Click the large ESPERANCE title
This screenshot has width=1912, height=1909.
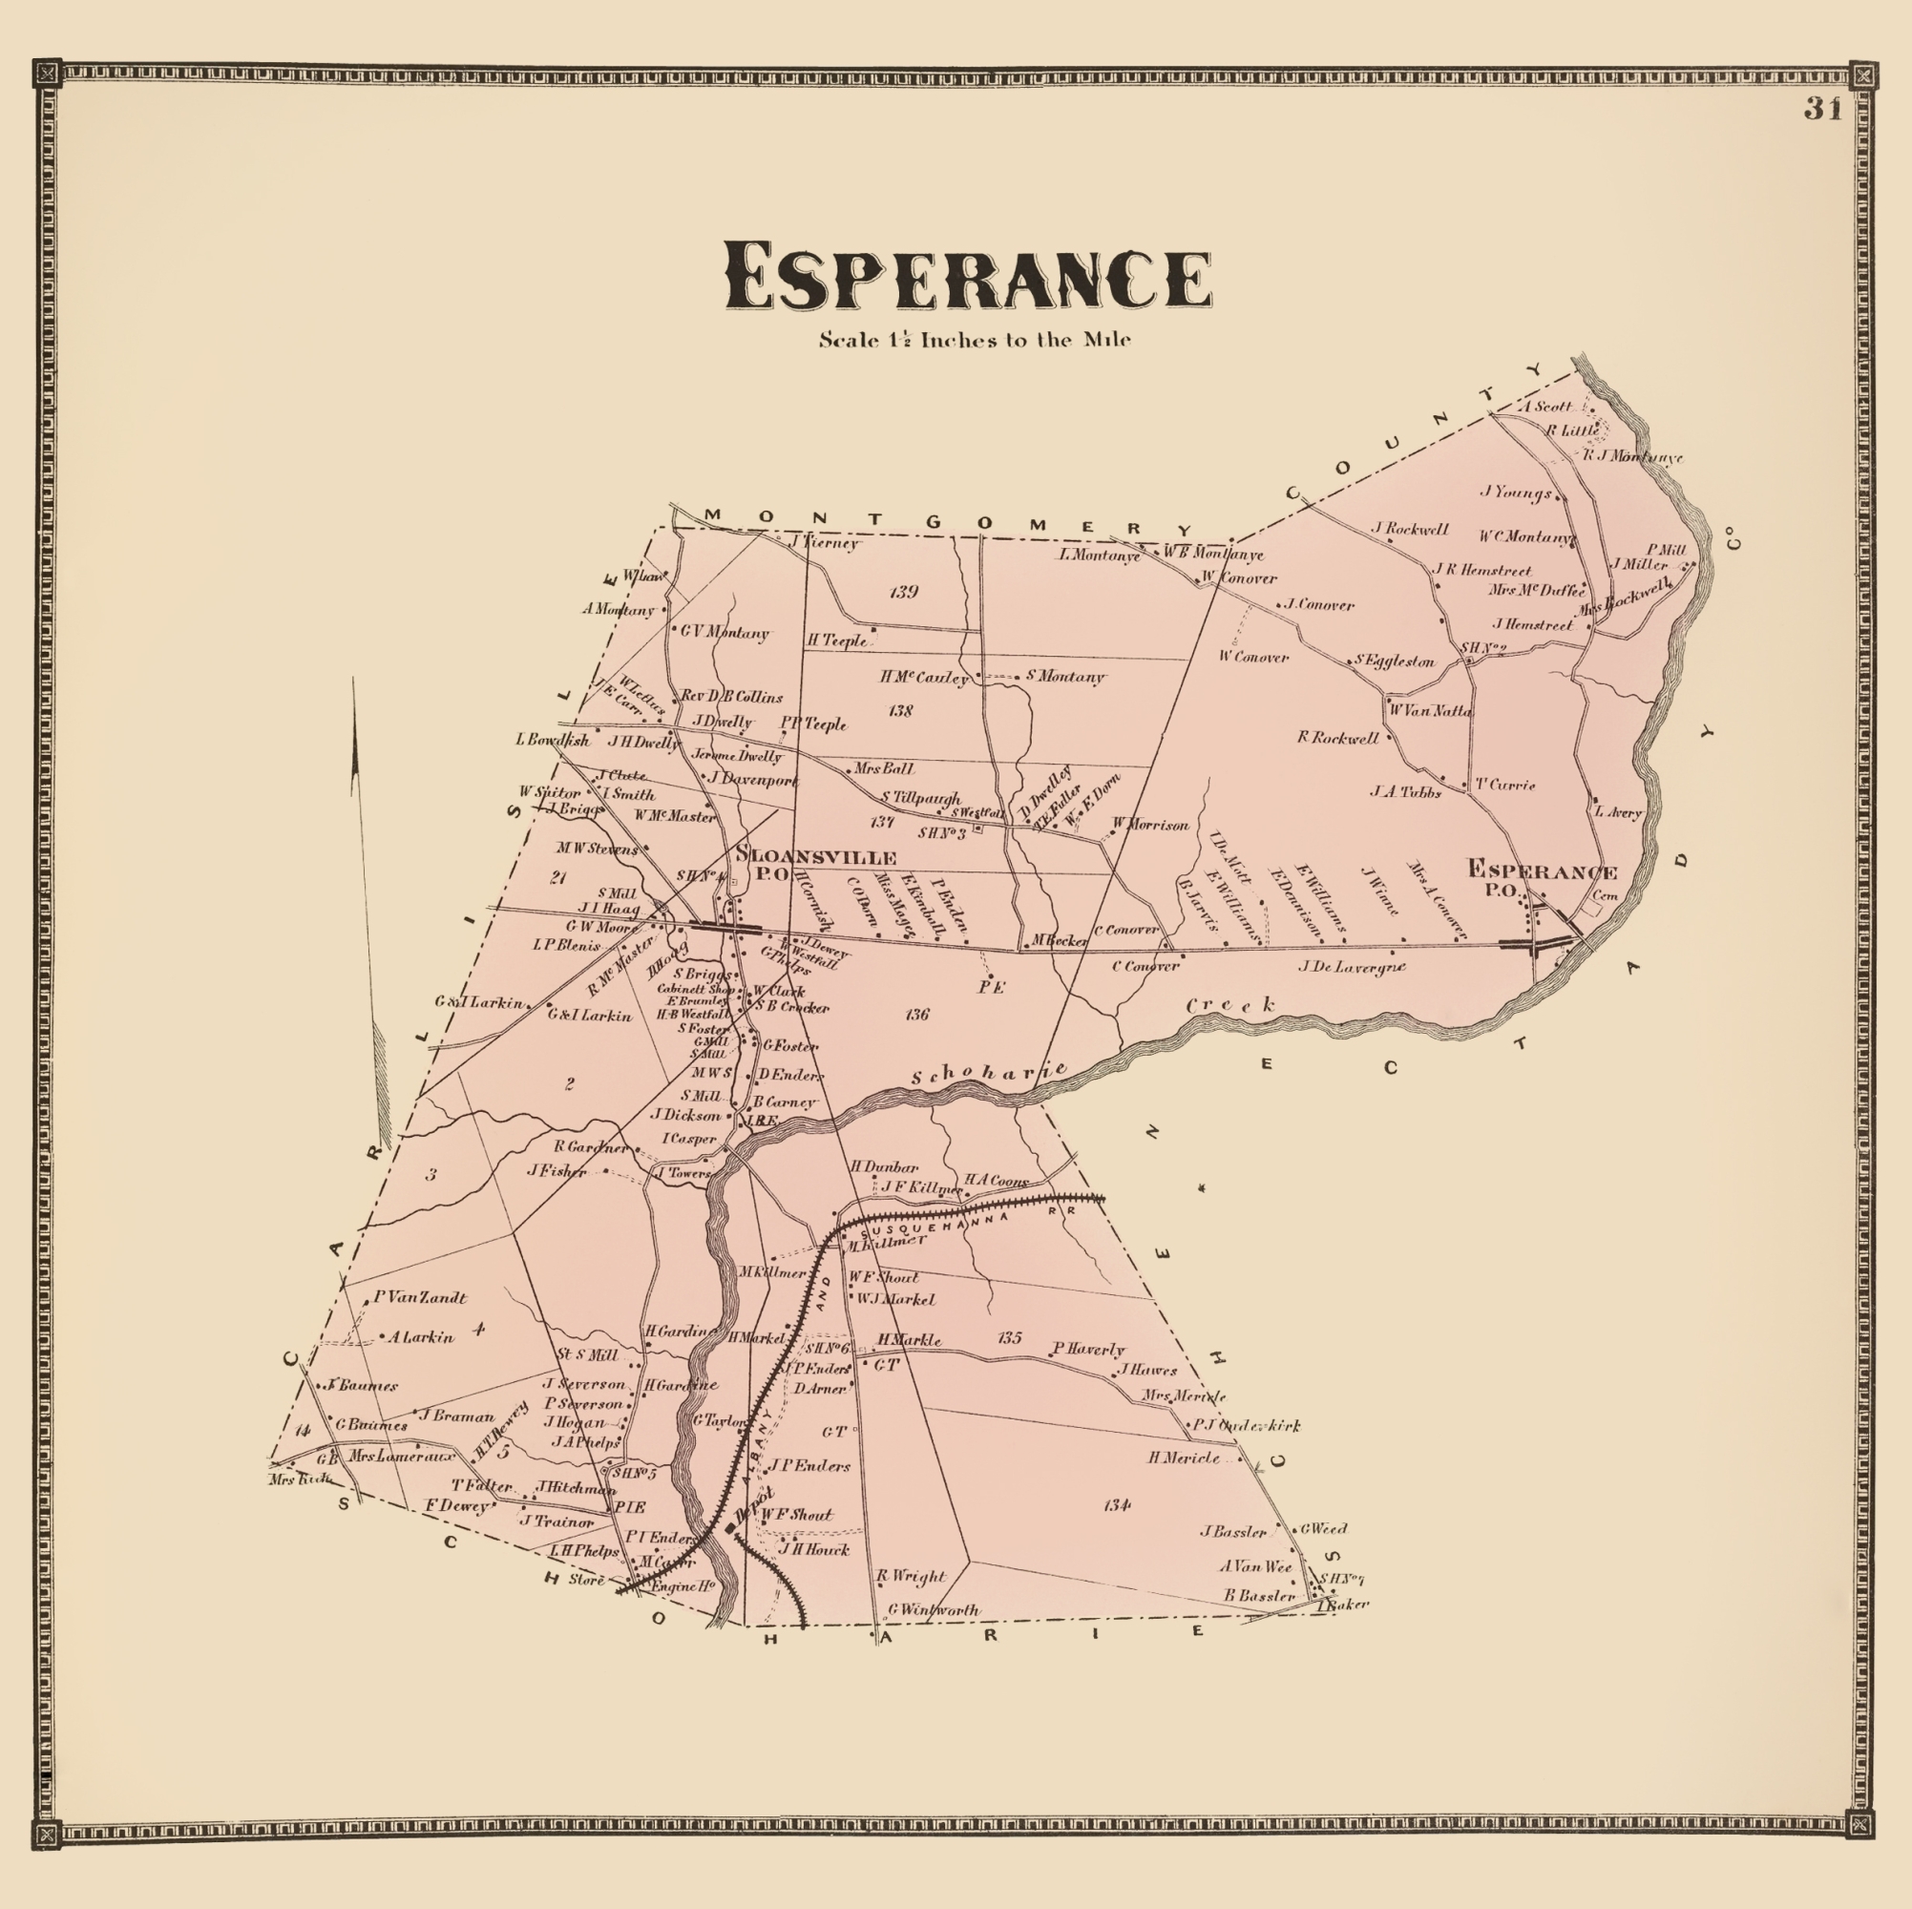coord(968,277)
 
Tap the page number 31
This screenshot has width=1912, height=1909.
coord(1822,109)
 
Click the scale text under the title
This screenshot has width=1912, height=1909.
coord(974,341)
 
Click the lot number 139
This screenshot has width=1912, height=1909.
coord(904,592)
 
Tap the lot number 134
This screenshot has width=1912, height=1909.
coord(1116,1505)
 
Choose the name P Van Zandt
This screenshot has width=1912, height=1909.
coord(420,1297)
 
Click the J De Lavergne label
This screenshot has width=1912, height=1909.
coord(1352,967)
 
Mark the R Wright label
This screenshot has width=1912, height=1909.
coord(911,1577)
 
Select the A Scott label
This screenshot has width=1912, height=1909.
coord(1545,406)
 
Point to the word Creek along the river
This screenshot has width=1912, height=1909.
coord(1231,1006)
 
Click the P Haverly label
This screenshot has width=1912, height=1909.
coord(1088,1349)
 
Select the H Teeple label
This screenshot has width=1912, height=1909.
coord(836,640)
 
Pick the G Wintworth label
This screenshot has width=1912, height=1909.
coord(934,1610)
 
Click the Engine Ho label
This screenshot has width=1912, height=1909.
coord(682,1585)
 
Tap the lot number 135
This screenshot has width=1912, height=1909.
coord(1008,1338)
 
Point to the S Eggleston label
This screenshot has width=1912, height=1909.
coord(1395,661)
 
